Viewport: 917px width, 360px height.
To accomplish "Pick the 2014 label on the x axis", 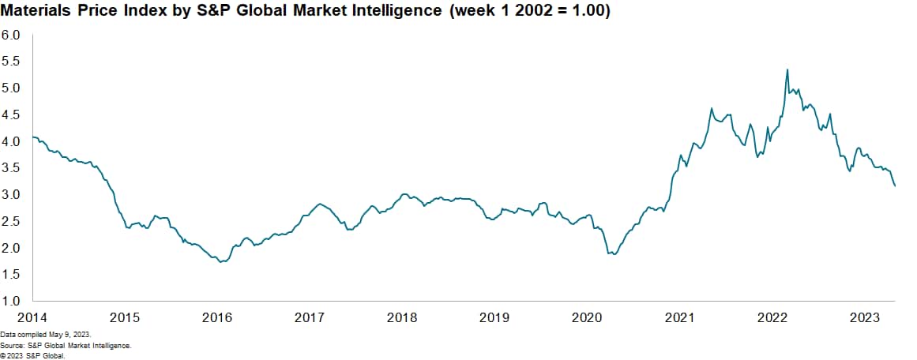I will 32,317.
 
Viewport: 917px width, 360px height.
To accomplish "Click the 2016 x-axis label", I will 217,317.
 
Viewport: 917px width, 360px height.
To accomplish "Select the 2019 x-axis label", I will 494,317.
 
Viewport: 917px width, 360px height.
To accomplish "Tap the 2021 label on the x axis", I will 679,317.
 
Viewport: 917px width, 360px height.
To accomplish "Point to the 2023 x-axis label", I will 865,317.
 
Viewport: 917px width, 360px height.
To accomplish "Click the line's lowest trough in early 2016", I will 222,261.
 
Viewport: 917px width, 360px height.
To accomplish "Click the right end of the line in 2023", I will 895,186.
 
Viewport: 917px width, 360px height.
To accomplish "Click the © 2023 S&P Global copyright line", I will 32,355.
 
